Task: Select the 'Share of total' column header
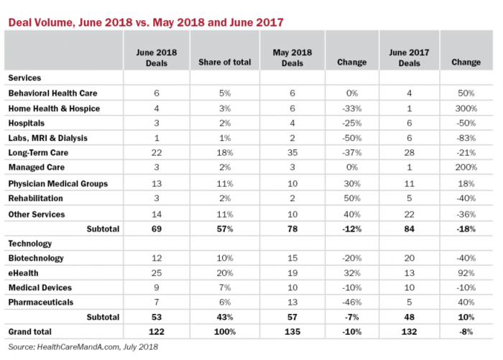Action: pyautogui.click(x=225, y=63)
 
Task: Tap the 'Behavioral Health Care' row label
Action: pyautogui.click(x=52, y=93)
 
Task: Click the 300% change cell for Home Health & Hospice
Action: pyautogui.click(x=466, y=109)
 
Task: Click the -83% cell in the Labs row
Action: pyautogui.click(x=466, y=139)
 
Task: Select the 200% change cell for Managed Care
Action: pyautogui.click(x=466, y=169)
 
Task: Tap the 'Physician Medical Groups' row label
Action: pyautogui.click(x=57, y=184)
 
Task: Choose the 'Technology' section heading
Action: pyautogui.click(x=29, y=244)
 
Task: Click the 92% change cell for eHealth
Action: pyautogui.click(x=466, y=274)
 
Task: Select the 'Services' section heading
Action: pyautogui.click(x=24, y=78)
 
